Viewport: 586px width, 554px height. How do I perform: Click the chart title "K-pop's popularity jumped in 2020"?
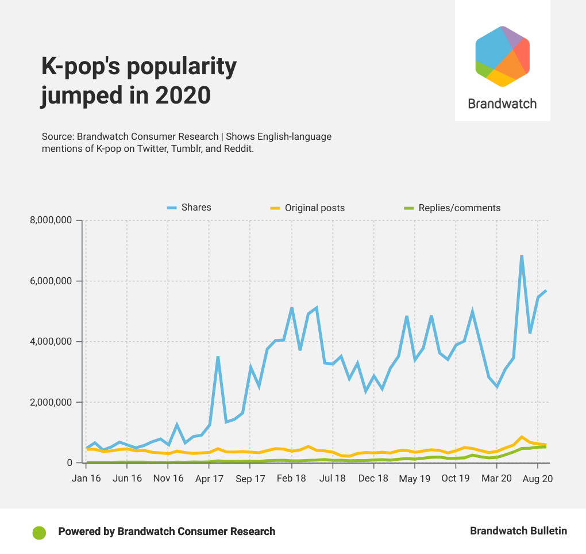(138, 81)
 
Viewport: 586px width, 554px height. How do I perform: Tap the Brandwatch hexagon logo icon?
(502, 56)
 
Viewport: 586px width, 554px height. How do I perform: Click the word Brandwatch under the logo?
(502, 104)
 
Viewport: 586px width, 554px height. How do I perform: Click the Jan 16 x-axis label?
(86, 479)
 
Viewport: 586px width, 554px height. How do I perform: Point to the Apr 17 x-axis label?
(209, 479)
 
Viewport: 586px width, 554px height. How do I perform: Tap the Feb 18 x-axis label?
(291, 479)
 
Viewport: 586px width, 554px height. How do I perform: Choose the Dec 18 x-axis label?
(373, 479)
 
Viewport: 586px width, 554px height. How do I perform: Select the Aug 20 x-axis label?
(538, 479)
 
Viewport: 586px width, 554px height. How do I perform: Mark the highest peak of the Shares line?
(522, 255)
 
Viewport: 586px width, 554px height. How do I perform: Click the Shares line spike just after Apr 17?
(218, 357)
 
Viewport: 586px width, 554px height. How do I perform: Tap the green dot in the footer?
(39, 532)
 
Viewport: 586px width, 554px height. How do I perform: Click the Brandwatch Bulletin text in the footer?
(518, 531)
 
